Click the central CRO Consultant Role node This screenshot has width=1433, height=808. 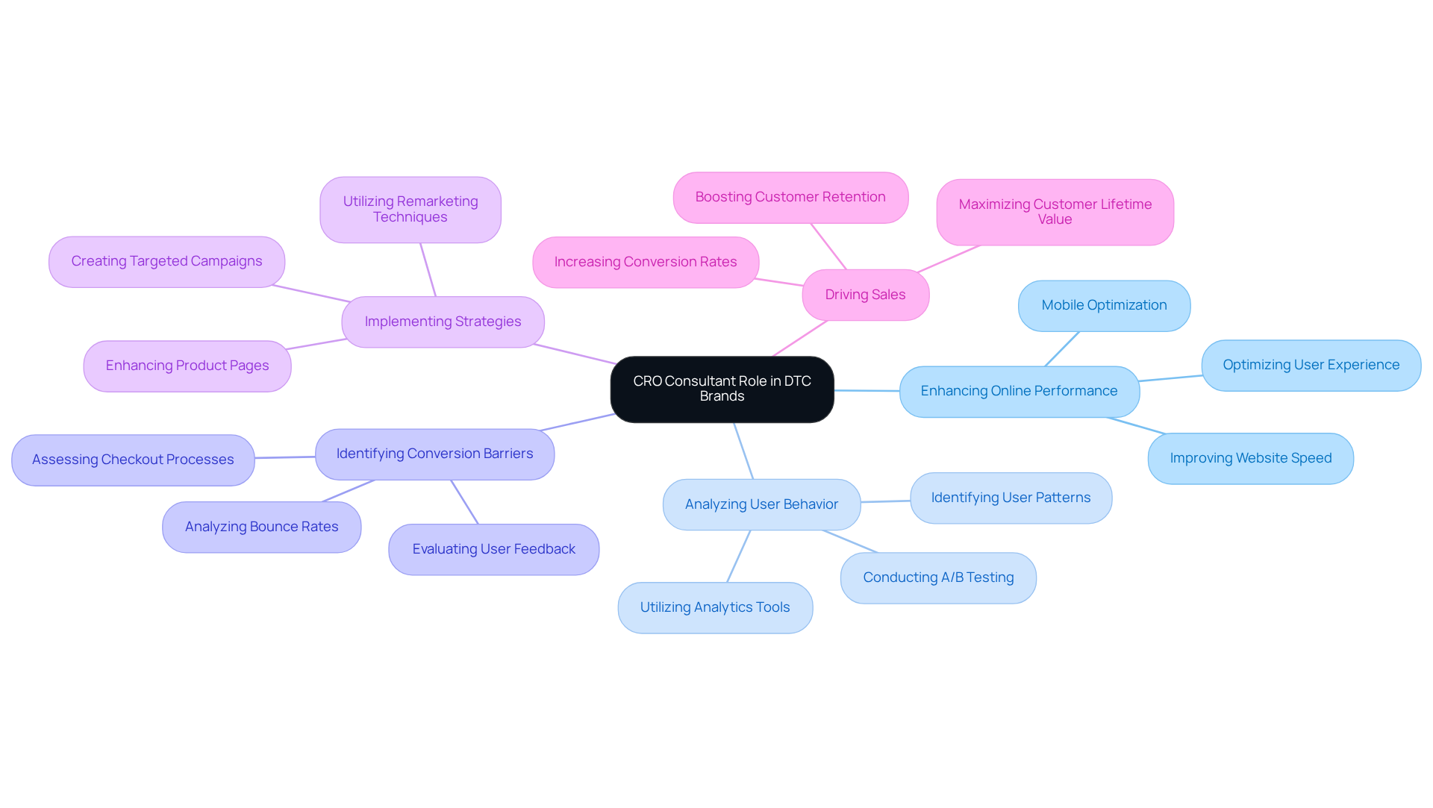[722, 389]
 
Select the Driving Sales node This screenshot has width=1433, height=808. [865, 295]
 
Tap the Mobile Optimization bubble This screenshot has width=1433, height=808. [1104, 305]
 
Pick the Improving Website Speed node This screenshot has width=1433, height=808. [1250, 458]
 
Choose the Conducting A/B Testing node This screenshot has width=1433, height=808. [938, 577]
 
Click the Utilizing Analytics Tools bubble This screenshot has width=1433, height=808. [714, 607]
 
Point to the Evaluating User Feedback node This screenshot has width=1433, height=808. [493, 549]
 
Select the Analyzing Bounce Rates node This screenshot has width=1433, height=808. [261, 527]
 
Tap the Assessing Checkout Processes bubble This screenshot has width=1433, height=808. [133, 460]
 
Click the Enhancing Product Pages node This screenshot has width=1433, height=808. [187, 366]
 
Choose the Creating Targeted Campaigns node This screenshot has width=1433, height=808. [166, 261]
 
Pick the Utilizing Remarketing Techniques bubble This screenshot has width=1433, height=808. [410, 209]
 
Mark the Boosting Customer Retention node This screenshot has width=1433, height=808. [790, 197]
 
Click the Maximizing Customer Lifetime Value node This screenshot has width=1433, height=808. [1055, 212]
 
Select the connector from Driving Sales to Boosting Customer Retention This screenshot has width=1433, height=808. [828, 246]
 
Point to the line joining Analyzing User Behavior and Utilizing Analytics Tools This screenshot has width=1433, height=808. [738, 557]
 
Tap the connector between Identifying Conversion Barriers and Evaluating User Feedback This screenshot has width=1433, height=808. [464, 502]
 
